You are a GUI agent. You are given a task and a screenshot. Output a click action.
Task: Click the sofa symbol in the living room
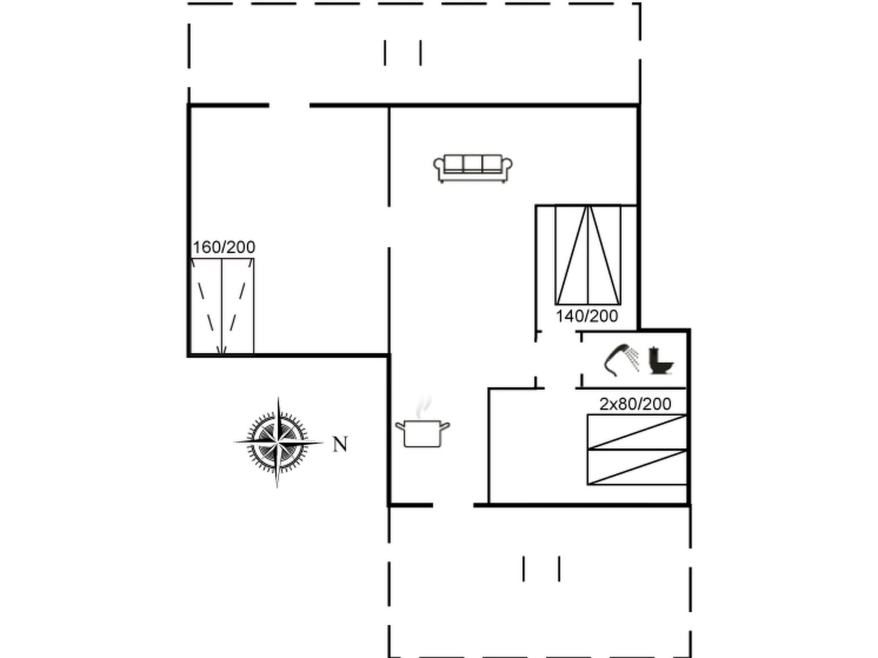pos(472,168)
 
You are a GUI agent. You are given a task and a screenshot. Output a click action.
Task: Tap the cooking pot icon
pos(422,433)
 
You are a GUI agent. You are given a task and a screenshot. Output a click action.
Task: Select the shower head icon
pos(620,360)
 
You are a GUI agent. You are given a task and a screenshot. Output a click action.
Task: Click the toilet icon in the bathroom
pos(659,361)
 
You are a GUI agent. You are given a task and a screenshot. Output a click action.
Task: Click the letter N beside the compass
pos(340,445)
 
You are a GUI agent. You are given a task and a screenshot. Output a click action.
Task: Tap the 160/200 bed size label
pos(224,247)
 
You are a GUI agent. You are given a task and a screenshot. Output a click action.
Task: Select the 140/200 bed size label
pos(586,316)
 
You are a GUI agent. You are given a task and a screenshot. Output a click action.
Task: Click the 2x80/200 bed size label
pos(635,404)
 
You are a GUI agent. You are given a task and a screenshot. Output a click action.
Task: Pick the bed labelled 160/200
pos(223,307)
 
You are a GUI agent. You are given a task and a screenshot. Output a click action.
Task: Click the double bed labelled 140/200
pos(588,255)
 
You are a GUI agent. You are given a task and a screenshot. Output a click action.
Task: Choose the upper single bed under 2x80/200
pos(637,432)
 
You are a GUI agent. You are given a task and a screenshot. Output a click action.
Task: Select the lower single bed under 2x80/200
pos(637,467)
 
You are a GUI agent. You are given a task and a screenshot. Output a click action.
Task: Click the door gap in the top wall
pos(289,105)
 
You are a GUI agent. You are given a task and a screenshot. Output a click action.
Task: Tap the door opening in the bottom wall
pos(453,505)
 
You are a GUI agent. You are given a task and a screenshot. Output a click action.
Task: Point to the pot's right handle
pos(445,426)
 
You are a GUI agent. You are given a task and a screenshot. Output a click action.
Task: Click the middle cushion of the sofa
pos(472,163)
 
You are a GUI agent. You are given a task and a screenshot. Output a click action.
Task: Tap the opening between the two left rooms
pos(389,227)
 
